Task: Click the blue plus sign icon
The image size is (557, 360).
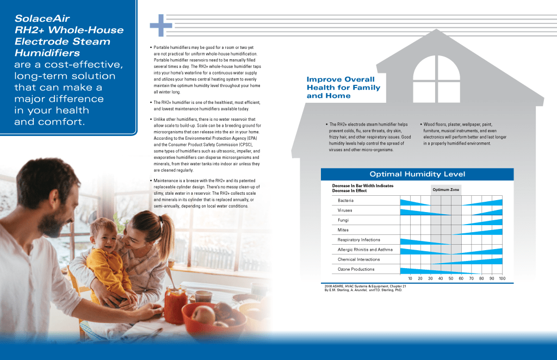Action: (161, 26)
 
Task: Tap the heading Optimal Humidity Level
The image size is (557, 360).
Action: (417, 174)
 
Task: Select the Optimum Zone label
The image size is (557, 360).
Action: (445, 190)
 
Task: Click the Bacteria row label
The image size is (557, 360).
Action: (346, 201)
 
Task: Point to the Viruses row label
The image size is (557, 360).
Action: (345, 210)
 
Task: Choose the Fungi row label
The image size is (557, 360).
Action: (343, 220)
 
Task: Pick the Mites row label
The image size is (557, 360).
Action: (343, 230)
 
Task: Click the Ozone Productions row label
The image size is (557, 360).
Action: (356, 269)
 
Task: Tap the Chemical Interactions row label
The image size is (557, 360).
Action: (360, 259)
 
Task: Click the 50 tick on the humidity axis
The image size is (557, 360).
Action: (451, 278)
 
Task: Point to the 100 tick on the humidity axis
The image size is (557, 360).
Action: (502, 278)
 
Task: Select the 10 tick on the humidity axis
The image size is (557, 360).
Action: (410, 278)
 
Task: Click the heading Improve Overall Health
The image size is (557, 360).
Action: (343, 88)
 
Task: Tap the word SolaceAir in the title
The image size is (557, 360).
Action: (42, 18)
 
